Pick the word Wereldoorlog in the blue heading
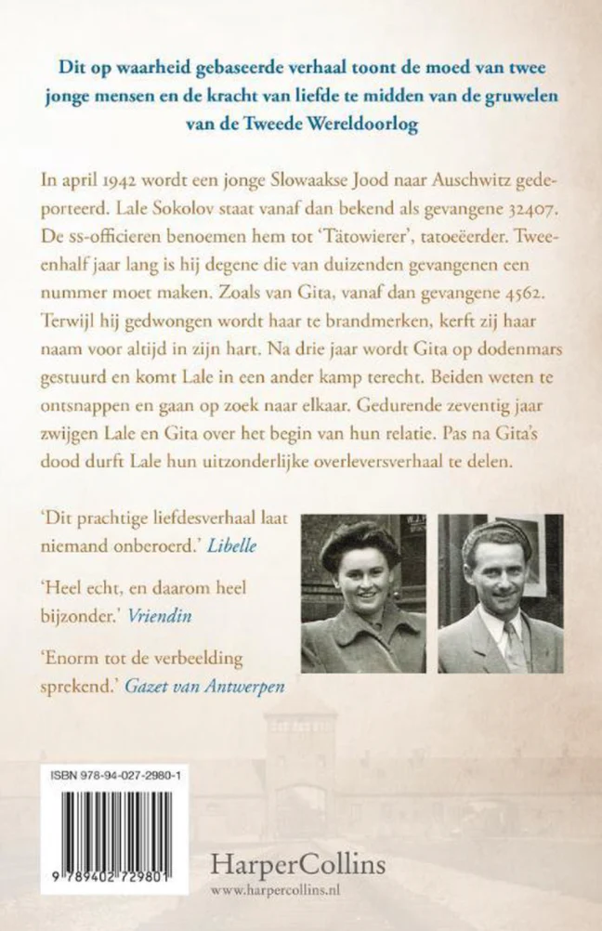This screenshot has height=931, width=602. coord(360,123)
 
